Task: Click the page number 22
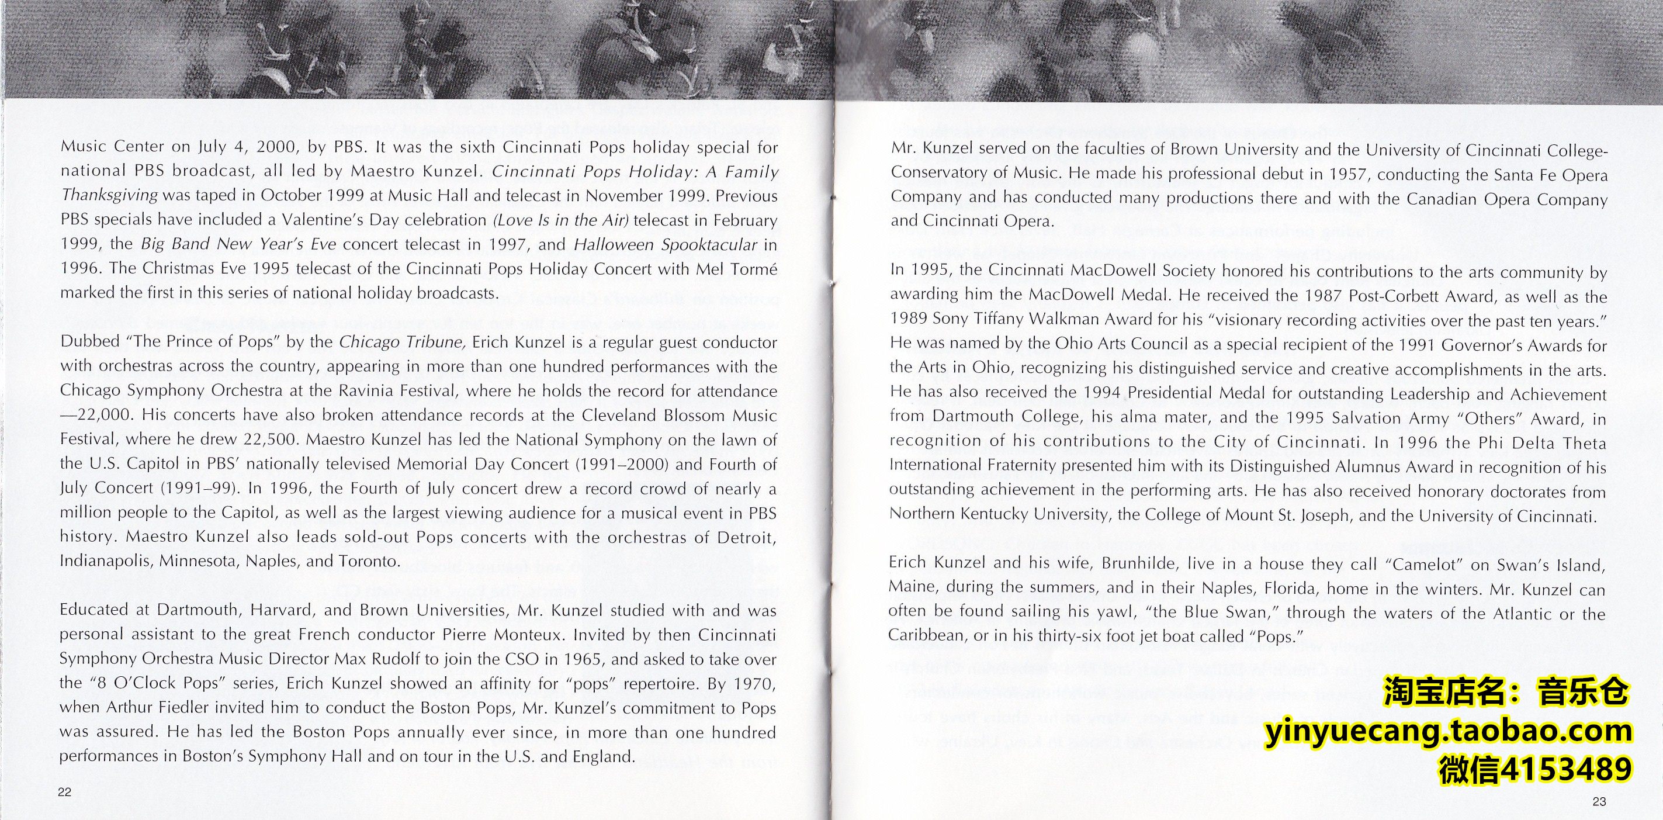pyautogui.click(x=64, y=792)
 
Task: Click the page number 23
pyautogui.click(x=1599, y=801)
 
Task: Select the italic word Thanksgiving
pyautogui.click(x=109, y=195)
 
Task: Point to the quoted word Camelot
pyautogui.click(x=1424, y=565)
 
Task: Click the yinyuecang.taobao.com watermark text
pyautogui.click(x=1448, y=732)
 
